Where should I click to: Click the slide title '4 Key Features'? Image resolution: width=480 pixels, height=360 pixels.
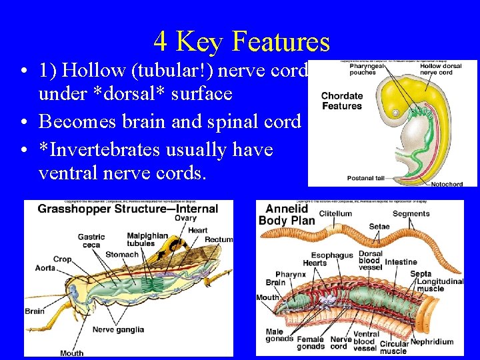click(x=241, y=41)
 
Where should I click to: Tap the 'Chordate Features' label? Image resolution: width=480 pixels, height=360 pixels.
click(x=341, y=101)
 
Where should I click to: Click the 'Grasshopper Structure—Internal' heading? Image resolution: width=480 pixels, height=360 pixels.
click(x=127, y=208)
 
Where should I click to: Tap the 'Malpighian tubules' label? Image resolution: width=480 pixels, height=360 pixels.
click(x=147, y=238)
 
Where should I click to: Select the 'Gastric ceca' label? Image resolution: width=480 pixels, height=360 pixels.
click(x=91, y=241)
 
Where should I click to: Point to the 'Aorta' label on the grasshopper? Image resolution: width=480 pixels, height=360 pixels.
click(x=45, y=268)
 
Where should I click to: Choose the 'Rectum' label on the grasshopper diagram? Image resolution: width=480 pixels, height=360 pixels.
click(x=219, y=239)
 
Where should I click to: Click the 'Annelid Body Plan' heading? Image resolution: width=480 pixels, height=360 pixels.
click(x=287, y=215)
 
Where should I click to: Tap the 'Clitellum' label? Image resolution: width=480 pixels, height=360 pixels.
click(x=335, y=214)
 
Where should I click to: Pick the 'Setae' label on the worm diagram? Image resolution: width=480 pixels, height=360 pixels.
click(x=379, y=227)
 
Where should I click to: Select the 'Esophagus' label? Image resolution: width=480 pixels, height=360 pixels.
click(x=331, y=255)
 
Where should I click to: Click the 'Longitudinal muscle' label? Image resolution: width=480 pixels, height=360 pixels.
click(x=439, y=285)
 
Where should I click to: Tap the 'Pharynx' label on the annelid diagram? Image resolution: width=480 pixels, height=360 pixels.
click(x=291, y=274)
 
